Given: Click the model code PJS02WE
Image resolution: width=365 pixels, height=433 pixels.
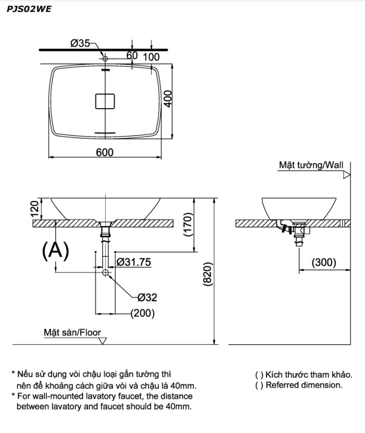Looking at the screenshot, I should pyautogui.click(x=29, y=8).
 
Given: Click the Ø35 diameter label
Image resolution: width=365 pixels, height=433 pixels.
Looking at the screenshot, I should pyautogui.click(x=80, y=44).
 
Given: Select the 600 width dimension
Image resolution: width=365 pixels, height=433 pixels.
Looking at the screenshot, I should pyautogui.click(x=104, y=152).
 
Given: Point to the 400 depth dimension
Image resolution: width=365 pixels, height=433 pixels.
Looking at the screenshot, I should pyautogui.click(x=168, y=98).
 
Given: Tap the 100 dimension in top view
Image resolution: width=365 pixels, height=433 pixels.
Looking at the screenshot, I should pyautogui.click(x=151, y=56).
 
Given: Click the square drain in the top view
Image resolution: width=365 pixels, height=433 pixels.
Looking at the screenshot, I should pyautogui.click(x=105, y=100).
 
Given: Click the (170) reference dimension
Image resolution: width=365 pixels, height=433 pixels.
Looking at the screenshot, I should pyautogui.click(x=188, y=227).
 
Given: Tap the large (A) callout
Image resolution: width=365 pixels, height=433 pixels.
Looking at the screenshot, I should pyautogui.click(x=55, y=251).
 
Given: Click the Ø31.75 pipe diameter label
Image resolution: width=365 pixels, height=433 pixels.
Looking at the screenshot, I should pyautogui.click(x=134, y=263).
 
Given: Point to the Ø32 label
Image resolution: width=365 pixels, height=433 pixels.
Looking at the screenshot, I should pyautogui.click(x=147, y=297).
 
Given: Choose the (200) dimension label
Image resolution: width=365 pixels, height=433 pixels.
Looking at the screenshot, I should pyautogui.click(x=143, y=313).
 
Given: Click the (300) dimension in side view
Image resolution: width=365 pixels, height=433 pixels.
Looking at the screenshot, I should pyautogui.click(x=324, y=263).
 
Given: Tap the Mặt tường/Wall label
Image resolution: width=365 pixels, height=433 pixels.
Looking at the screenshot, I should pyautogui.click(x=311, y=165).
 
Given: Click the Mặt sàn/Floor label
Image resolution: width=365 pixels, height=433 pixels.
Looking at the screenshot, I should pyautogui.click(x=72, y=332).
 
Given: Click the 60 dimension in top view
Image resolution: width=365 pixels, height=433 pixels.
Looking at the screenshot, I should pyautogui.click(x=132, y=56).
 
